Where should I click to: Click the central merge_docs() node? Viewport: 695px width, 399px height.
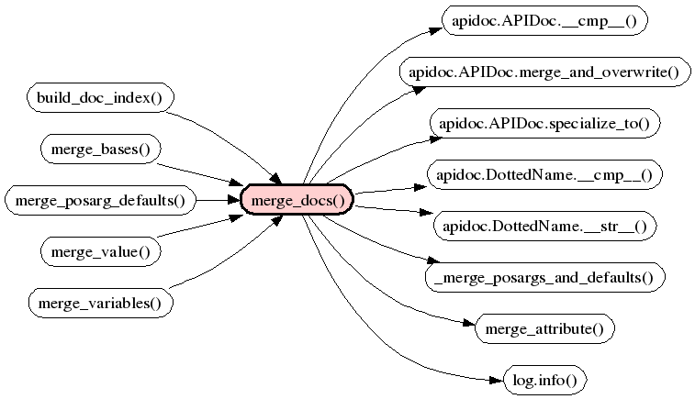click(x=297, y=199)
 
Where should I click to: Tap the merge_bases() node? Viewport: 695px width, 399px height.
click(x=101, y=149)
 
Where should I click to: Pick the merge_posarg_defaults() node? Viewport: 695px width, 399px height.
click(x=101, y=199)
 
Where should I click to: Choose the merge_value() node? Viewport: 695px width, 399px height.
click(x=101, y=250)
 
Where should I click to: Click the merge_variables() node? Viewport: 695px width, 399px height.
click(x=101, y=302)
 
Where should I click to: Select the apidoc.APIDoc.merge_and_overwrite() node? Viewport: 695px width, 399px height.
click(x=544, y=72)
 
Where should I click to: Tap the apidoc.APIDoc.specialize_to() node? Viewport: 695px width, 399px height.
click(x=544, y=123)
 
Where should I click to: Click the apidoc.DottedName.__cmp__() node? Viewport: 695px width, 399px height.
click(x=544, y=174)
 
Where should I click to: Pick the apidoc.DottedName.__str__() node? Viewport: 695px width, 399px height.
click(x=544, y=226)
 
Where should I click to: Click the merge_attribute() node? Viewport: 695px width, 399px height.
click(x=544, y=327)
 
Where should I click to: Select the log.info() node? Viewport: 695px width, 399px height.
click(x=544, y=379)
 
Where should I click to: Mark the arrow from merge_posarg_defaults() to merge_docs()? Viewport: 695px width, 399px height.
click(x=219, y=199)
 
